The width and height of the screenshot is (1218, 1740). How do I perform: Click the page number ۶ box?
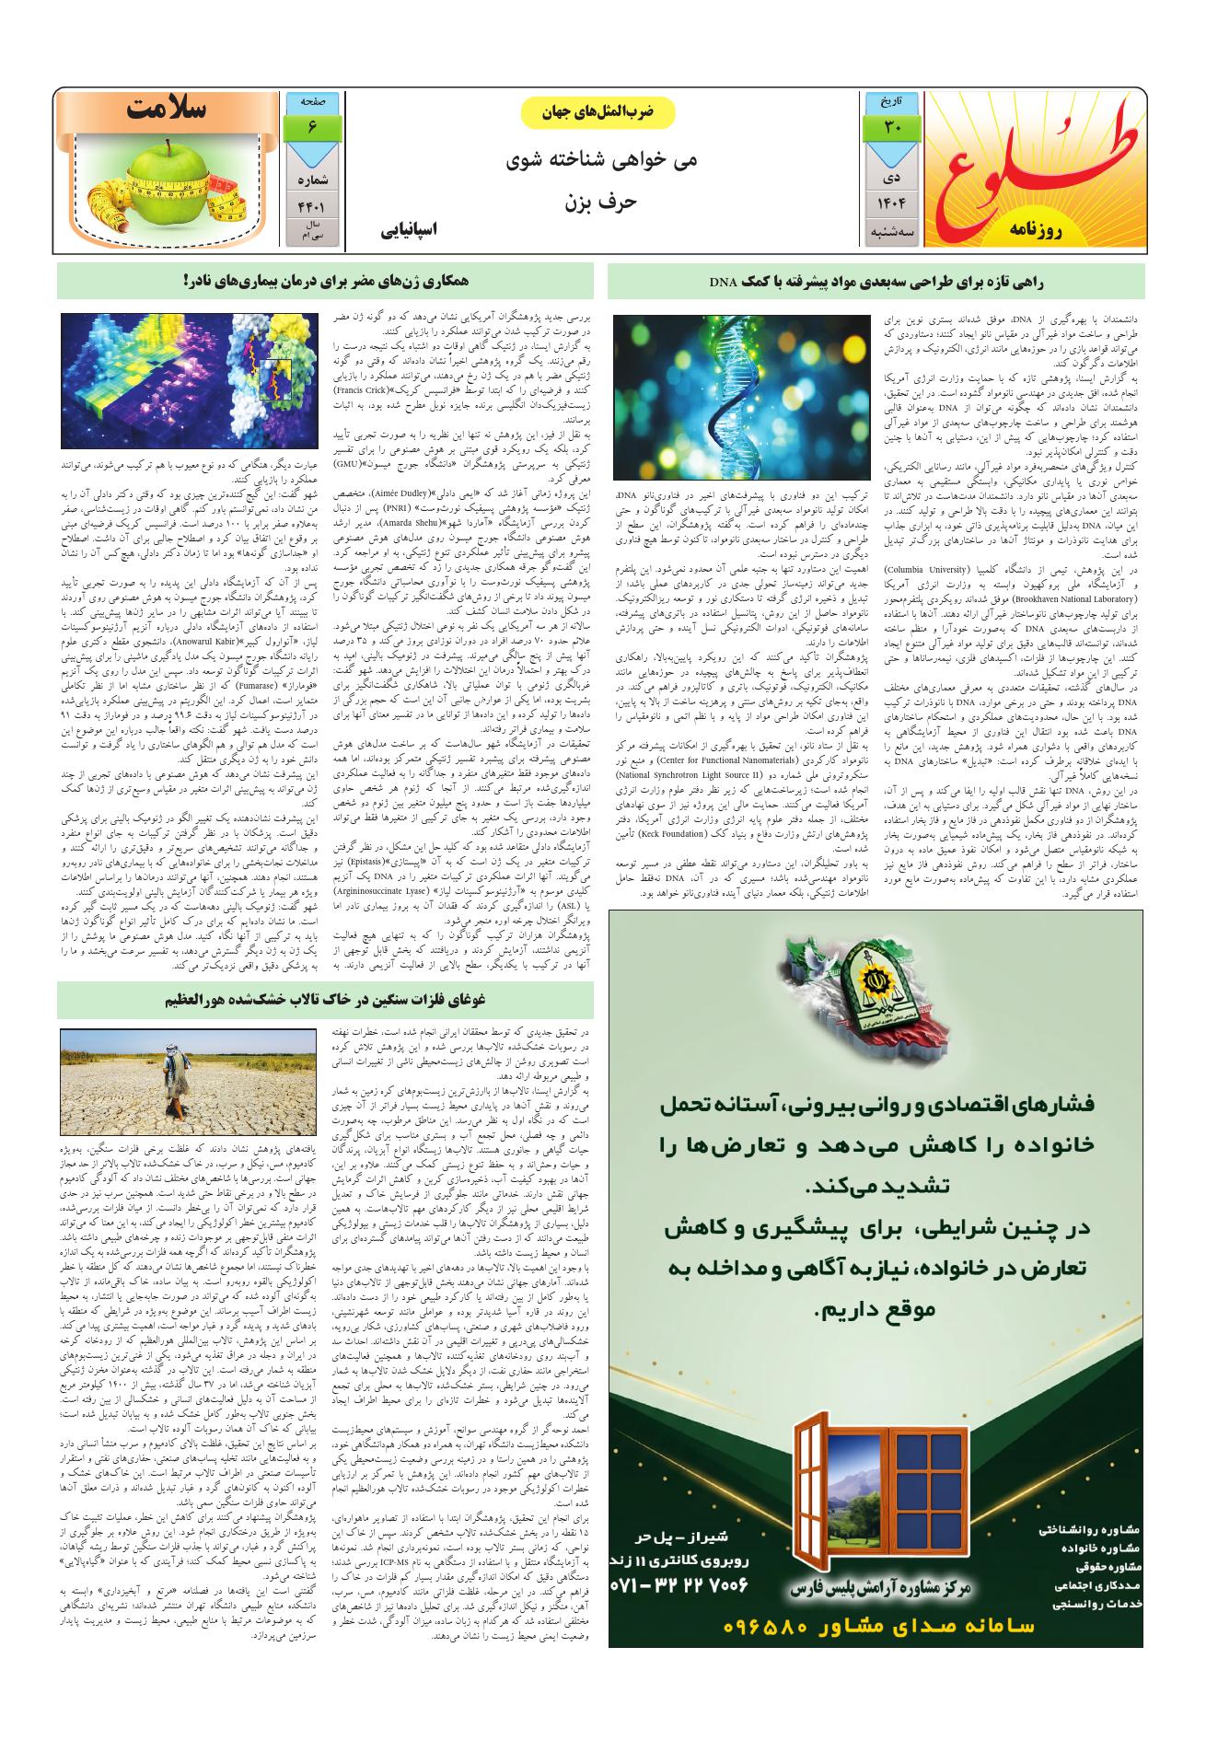point(313,126)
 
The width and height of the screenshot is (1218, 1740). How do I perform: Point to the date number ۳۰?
point(892,126)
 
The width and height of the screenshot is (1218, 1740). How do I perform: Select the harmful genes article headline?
point(331,281)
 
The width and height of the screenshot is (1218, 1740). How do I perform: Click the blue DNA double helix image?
point(741,396)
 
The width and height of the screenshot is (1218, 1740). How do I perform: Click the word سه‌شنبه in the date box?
point(892,234)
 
